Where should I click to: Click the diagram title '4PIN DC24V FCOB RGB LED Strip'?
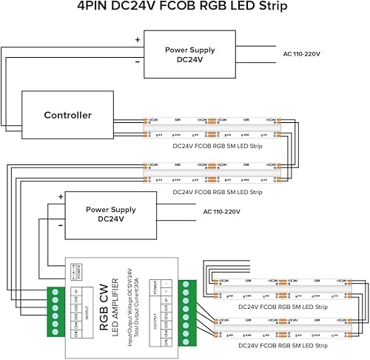pyautogui.click(x=184, y=10)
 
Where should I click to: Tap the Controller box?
pyautogui.click(x=67, y=115)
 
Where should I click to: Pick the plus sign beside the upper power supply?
pyautogui.click(x=137, y=40)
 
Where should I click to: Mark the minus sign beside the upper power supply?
pyautogui.click(x=137, y=64)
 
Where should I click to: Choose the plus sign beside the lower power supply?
pyautogui.click(x=60, y=197)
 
